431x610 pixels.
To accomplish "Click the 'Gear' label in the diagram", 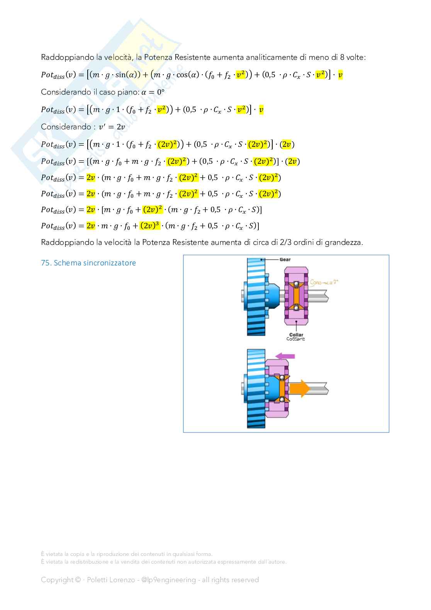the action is tap(285, 260).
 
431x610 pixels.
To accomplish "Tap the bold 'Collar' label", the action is tap(296, 335).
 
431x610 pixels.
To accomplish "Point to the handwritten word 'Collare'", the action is tap(295, 339).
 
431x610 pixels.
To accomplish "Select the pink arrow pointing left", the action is tap(285, 356).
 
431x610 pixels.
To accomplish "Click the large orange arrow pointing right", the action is tap(299, 388).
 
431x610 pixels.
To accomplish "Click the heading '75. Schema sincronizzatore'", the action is tap(88, 263).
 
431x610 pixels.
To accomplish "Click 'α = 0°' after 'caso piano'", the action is tap(153, 92).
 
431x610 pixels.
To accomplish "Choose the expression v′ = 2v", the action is tap(112, 127).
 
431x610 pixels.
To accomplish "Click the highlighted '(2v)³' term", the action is tap(150, 226).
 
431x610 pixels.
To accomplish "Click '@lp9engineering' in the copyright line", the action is tap(168, 579).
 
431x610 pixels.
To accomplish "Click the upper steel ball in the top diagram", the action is tap(296, 284).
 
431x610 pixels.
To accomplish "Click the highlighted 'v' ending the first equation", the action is tap(340, 75).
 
